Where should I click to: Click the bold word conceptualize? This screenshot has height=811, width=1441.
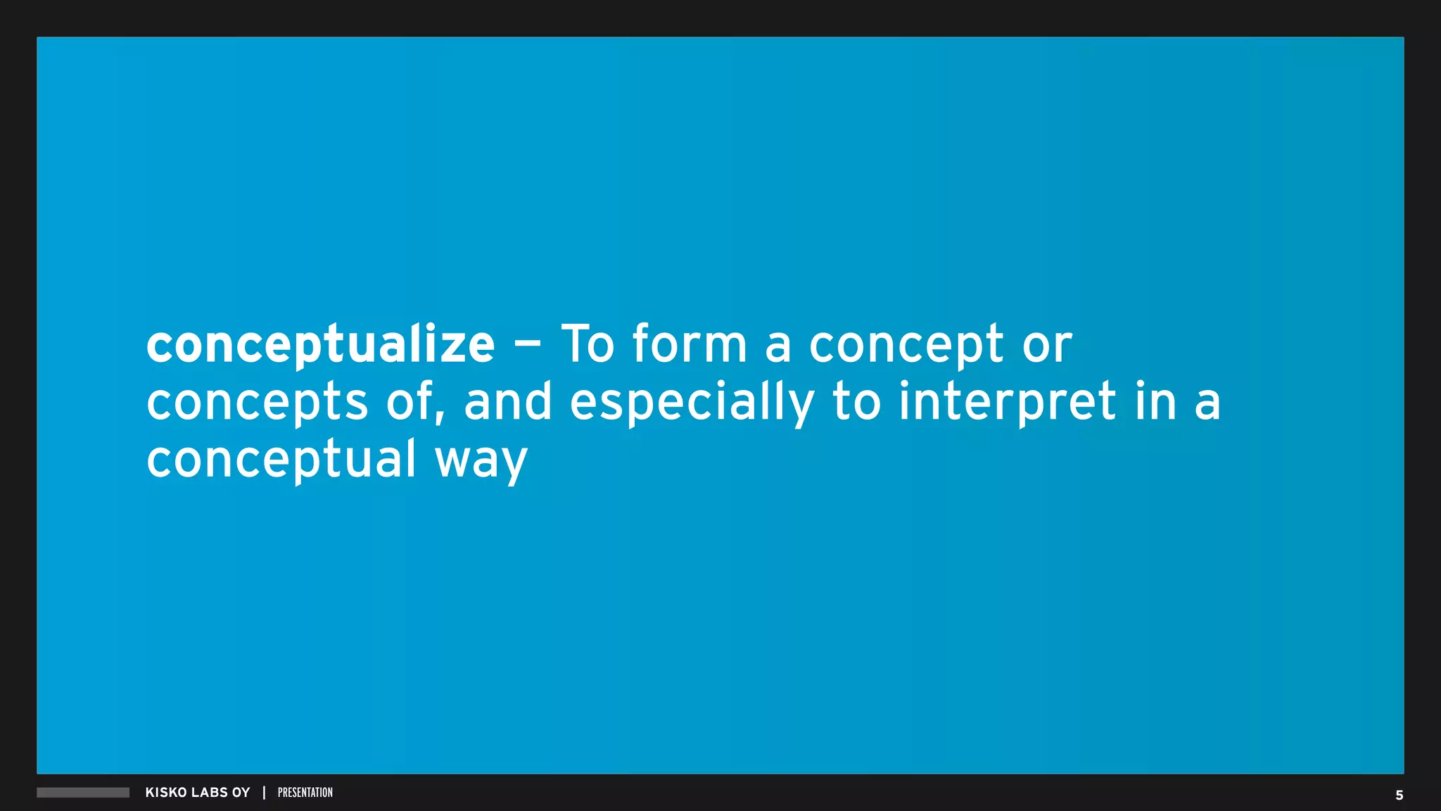pyautogui.click(x=320, y=345)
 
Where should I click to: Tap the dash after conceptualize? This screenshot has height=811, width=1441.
pyautogui.click(x=528, y=345)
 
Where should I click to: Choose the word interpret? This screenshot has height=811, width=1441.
pyautogui.click(x=1008, y=403)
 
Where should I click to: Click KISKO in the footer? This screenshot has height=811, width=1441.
pyautogui.click(x=166, y=793)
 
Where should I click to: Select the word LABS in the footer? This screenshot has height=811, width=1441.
pyautogui.click(x=210, y=793)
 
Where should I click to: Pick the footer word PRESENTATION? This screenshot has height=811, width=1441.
pyautogui.click(x=305, y=793)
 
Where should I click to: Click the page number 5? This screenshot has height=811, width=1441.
pyautogui.click(x=1399, y=796)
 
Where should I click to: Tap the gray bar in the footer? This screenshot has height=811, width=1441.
pyautogui.click(x=83, y=793)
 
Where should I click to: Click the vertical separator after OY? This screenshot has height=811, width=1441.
pyautogui.click(x=264, y=793)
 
